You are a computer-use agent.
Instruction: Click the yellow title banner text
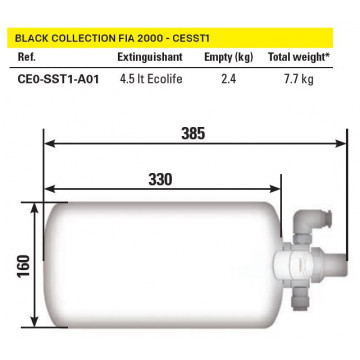[x=112, y=38]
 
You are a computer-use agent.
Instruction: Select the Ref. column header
[x=26, y=57]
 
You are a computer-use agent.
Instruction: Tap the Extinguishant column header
[x=150, y=57]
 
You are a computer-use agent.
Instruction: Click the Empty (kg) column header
[x=229, y=57]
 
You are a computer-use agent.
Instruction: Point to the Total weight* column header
[x=299, y=57]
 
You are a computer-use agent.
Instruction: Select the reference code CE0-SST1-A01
[x=58, y=79]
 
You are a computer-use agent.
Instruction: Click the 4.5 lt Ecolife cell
[x=151, y=79]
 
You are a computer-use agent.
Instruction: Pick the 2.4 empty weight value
[x=229, y=79]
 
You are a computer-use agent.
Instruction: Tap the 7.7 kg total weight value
[x=299, y=79]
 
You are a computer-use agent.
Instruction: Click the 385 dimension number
[x=193, y=134]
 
